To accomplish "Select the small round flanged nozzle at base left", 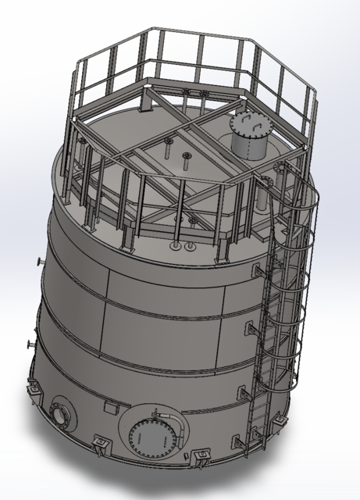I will pos(61,413).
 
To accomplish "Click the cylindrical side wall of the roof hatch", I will pos(248,145).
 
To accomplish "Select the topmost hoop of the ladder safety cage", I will pos(301,195).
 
